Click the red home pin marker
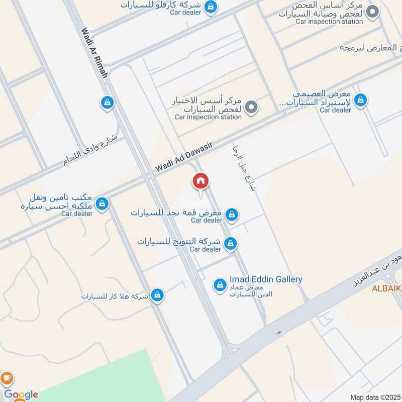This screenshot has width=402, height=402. [200, 181]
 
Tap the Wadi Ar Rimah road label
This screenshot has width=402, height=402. [94, 52]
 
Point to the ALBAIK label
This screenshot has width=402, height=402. [386, 288]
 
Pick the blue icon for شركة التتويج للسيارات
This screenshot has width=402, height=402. [230, 244]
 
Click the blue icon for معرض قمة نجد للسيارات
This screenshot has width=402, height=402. [231, 215]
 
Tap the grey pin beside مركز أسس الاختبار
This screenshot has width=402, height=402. [253, 107]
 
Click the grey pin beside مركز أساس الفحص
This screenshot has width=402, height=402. [372, 12]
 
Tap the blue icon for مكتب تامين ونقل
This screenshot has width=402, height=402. [102, 204]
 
